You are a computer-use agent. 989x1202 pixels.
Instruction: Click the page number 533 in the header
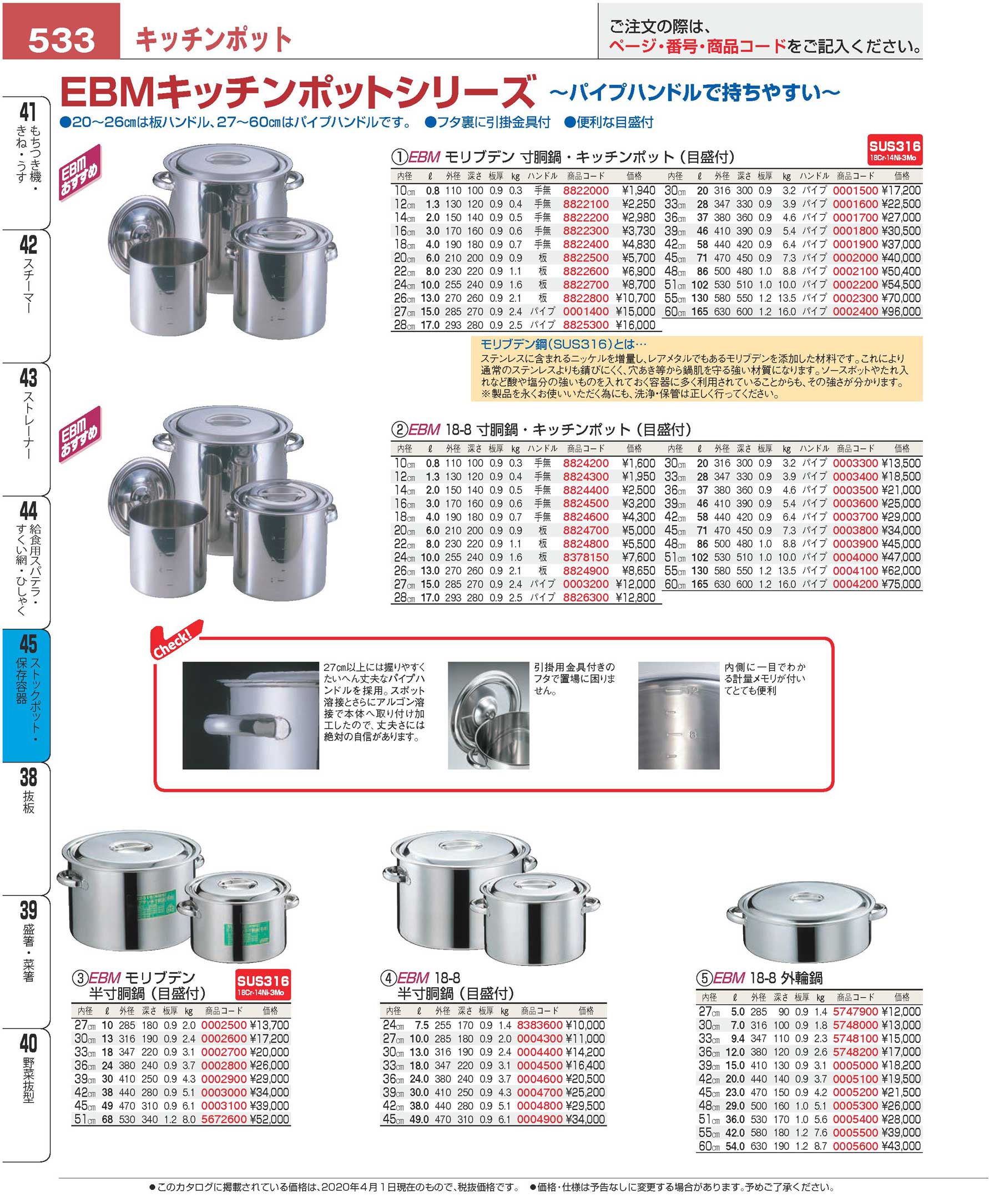point(62,40)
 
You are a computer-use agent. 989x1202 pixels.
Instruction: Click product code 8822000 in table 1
point(586,191)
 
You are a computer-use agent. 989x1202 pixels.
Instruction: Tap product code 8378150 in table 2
point(586,557)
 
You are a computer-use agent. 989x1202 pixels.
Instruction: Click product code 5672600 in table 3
point(224,1119)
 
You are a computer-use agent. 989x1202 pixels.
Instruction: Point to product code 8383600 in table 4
point(539,1025)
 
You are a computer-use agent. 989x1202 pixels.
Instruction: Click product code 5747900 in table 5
point(855,1012)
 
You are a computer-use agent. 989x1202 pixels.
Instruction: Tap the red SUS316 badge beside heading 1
point(895,149)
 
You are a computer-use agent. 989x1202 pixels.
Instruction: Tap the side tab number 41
point(27,113)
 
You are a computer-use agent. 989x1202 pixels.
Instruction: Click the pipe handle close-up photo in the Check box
point(250,715)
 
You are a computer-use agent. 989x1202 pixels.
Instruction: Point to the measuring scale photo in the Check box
point(679,715)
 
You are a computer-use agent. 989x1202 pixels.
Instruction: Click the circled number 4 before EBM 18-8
point(388,979)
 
